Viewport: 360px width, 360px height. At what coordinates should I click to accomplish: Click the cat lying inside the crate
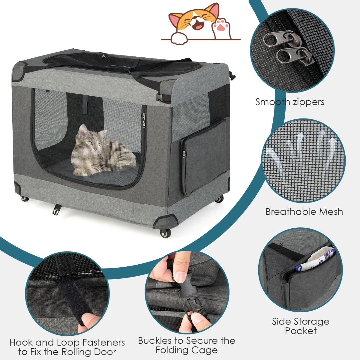(x=103, y=151)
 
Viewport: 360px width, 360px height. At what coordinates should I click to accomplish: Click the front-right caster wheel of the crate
(x=165, y=233)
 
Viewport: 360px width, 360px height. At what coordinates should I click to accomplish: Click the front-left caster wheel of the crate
(x=25, y=198)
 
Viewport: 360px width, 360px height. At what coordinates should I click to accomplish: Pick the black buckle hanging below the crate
(x=57, y=209)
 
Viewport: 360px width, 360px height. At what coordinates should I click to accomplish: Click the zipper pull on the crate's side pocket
(x=184, y=154)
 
